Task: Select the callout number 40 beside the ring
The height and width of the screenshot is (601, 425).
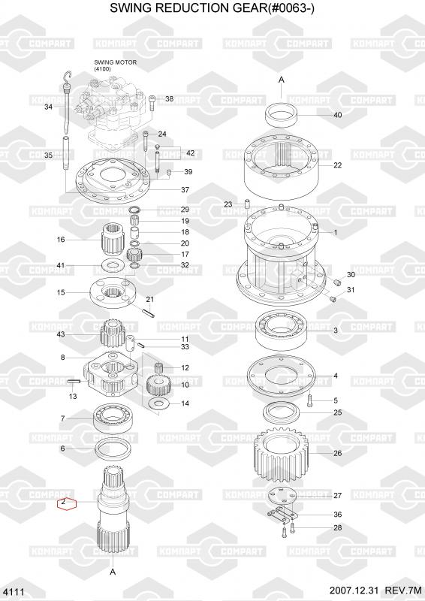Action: coord(338,115)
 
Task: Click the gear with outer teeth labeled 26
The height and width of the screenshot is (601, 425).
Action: coord(282,455)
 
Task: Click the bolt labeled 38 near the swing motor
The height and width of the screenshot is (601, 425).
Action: coord(152,103)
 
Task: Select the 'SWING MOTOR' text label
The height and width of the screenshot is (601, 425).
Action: coord(116,62)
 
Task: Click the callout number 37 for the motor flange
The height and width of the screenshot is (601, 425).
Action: coord(185,190)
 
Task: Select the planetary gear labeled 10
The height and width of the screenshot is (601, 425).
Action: coord(158,385)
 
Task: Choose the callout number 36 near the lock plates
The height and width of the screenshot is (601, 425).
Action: coord(338,515)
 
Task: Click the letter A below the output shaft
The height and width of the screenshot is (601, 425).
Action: coord(113,572)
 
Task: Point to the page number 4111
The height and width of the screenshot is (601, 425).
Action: coord(15,592)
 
